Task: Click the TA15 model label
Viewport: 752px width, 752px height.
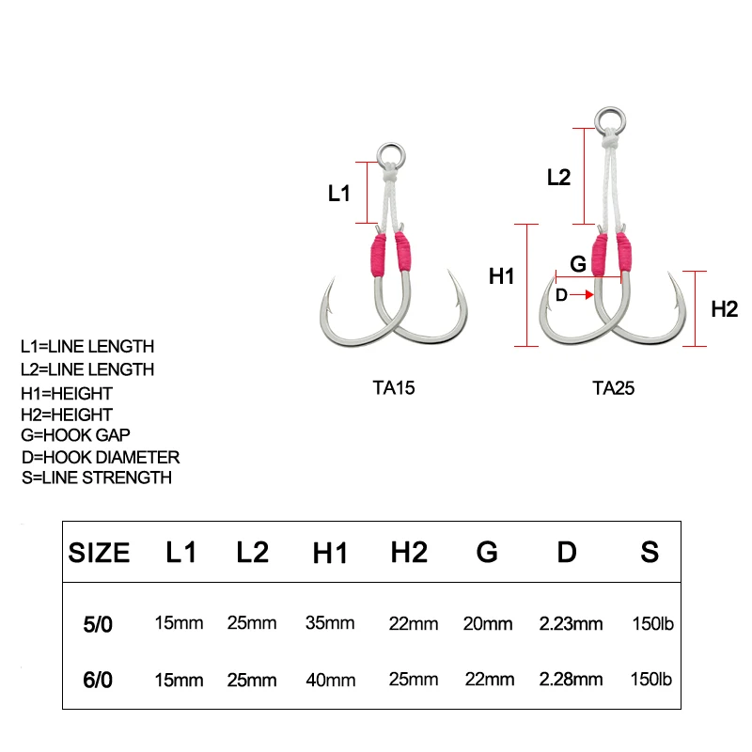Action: [x=393, y=385]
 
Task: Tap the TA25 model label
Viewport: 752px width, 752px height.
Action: [x=613, y=385]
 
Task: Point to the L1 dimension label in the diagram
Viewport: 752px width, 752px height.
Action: [x=338, y=194]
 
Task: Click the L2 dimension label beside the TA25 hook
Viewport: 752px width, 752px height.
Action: [x=558, y=177]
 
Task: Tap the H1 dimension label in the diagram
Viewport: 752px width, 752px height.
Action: [x=503, y=276]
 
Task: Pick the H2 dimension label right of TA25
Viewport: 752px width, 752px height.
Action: [x=724, y=308]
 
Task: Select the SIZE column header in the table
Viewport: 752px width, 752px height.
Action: [x=99, y=553]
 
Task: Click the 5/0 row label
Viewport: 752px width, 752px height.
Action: [x=98, y=622]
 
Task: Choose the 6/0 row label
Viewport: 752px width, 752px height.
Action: [x=98, y=679]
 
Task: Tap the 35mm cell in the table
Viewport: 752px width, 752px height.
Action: [x=330, y=622]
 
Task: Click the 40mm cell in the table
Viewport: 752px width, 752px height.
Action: [x=330, y=679]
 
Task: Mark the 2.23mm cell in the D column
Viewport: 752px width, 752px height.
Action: [x=571, y=622]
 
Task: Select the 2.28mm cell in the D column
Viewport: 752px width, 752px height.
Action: [x=571, y=679]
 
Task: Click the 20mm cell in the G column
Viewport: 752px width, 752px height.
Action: [x=488, y=623]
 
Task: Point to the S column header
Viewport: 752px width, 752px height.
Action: [x=650, y=552]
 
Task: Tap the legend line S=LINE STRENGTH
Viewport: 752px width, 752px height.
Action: [x=96, y=478]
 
